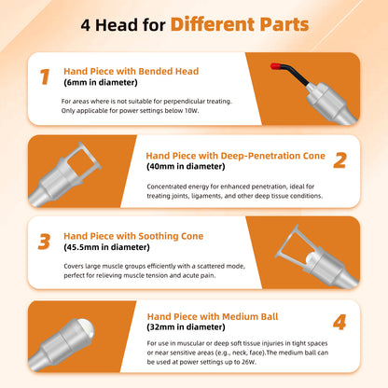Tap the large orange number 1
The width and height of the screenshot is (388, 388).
point(45,76)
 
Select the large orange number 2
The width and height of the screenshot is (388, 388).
point(339,160)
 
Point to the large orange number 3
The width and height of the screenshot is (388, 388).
point(44,242)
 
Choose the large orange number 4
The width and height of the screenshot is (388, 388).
point(339,322)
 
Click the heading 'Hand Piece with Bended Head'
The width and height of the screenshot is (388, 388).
point(131,71)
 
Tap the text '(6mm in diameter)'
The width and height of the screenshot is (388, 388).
point(101,83)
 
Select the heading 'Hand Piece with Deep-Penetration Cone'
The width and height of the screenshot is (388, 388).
point(235,156)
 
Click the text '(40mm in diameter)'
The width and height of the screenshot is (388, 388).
point(186,166)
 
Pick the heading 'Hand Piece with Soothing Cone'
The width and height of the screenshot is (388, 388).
point(133,236)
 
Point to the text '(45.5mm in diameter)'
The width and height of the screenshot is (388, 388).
point(106,247)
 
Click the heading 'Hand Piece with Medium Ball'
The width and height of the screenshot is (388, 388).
point(213,316)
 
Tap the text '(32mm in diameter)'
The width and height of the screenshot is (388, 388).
point(186,327)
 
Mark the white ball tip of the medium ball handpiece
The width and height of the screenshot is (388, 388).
point(86,328)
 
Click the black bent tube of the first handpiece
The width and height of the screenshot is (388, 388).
point(297,74)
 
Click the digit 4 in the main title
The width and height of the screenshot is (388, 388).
point(86,25)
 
